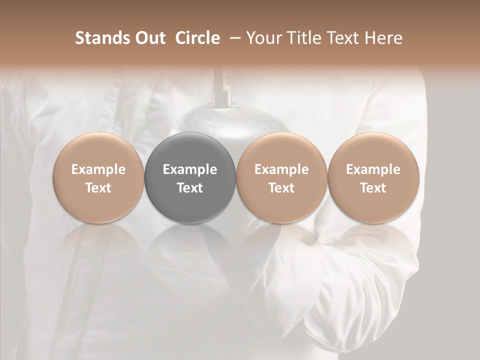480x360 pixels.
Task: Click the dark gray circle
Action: [x=190, y=150]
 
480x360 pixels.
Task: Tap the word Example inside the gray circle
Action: [x=190, y=169]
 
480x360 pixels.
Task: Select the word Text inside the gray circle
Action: [x=190, y=188]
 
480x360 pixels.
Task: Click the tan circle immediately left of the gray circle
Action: [x=98, y=150]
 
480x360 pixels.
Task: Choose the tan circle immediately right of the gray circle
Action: [x=281, y=150]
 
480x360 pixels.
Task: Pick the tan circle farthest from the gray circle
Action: [x=373, y=150]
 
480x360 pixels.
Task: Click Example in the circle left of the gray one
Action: [x=98, y=169]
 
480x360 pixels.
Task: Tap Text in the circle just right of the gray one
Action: [x=281, y=188]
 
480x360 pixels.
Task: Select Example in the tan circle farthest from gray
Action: [x=373, y=169]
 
